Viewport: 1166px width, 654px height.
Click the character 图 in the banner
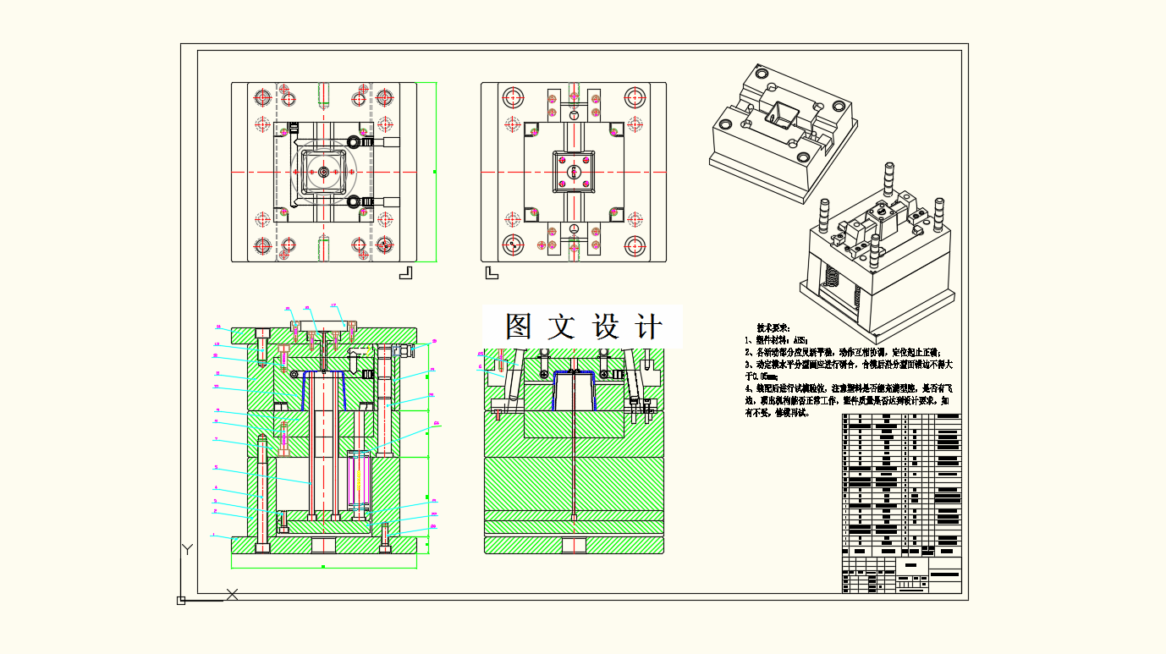tap(519, 327)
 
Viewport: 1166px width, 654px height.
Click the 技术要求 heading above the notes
tap(773, 327)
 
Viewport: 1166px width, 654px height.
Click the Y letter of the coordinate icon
tap(188, 550)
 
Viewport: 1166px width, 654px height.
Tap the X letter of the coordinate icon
tap(232, 595)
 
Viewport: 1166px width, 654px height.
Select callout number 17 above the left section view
tap(333, 305)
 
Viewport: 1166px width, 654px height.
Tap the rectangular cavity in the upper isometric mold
tap(779, 113)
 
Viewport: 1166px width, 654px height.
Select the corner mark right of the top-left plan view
tap(405, 272)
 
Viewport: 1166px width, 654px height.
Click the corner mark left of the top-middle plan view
tap(492, 272)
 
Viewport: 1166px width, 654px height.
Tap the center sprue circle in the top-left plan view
tap(324, 172)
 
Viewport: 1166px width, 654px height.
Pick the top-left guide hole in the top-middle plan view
tap(513, 96)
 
